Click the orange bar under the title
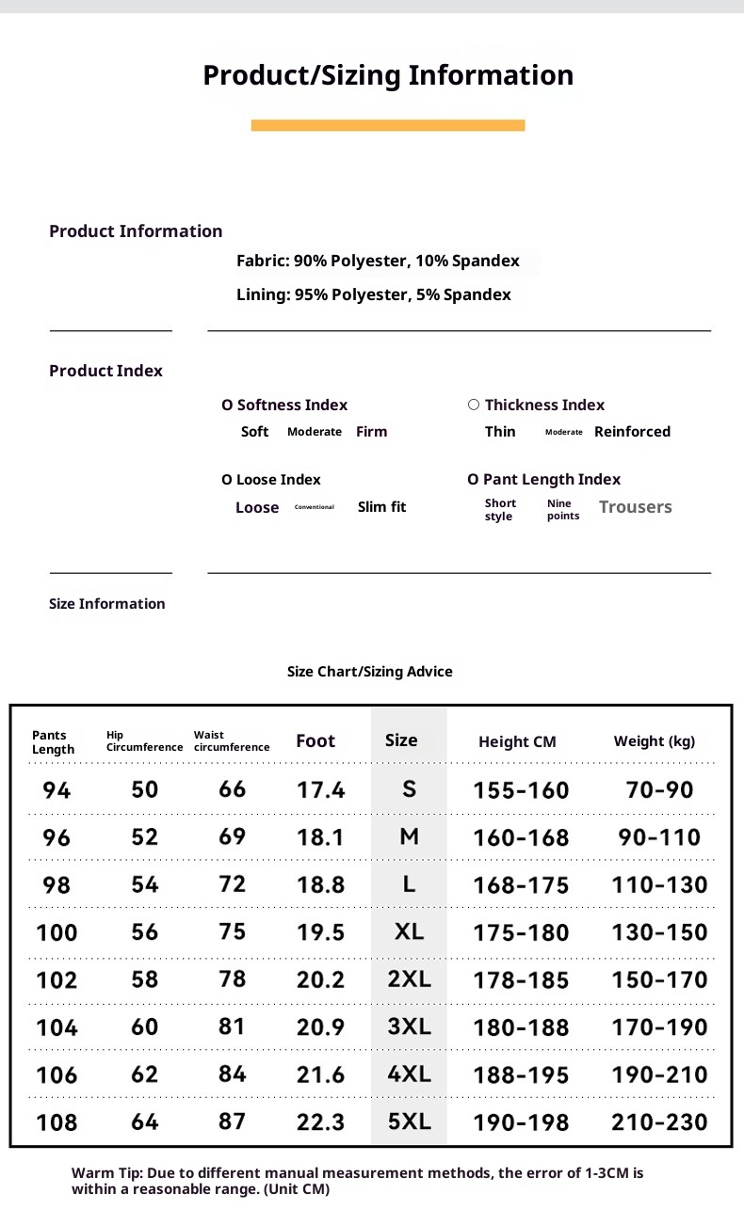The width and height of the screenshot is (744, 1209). click(x=388, y=125)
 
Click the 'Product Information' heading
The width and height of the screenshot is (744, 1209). click(x=136, y=231)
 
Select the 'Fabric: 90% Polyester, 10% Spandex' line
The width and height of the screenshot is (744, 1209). click(x=378, y=261)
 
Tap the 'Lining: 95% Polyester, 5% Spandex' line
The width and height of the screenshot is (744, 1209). click(x=374, y=294)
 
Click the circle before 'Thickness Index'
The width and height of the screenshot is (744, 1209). click(x=474, y=405)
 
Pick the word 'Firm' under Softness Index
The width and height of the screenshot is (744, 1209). click(x=371, y=432)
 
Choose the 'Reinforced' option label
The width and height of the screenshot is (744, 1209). click(x=632, y=432)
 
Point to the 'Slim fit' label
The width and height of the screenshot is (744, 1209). click(x=381, y=507)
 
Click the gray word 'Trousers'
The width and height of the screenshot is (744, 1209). click(x=635, y=507)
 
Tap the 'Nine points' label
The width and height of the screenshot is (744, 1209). click(x=563, y=509)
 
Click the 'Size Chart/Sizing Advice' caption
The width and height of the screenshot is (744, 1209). click(x=369, y=672)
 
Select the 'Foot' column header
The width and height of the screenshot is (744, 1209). click(x=315, y=741)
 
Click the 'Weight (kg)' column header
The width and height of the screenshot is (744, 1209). click(x=655, y=741)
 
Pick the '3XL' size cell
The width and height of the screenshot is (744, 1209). click(x=409, y=1026)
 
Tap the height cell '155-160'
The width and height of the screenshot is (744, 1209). click(x=521, y=790)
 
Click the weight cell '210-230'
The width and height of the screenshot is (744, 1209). click(x=659, y=1122)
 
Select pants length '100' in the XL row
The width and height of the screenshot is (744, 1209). click(x=57, y=932)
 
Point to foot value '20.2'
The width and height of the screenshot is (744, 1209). click(x=320, y=979)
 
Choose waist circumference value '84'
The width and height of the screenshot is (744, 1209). click(x=232, y=1074)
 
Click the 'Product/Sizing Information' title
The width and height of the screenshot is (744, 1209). click(x=388, y=75)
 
